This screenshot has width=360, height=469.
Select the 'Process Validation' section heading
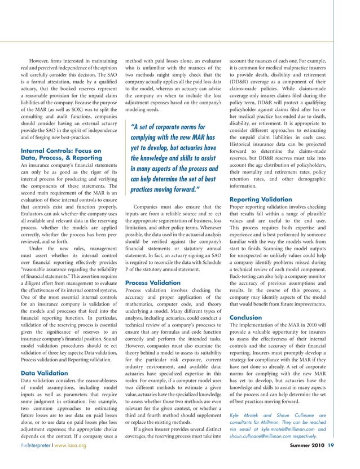click(x=152, y=282)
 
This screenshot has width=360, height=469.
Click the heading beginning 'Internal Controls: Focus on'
click(x=60, y=151)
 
